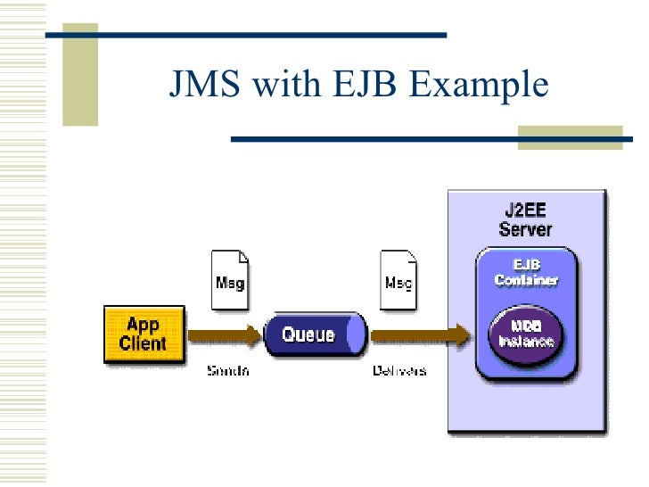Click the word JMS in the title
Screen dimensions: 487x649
pyautogui.click(x=203, y=86)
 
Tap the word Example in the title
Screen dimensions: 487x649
pyautogui.click(x=480, y=86)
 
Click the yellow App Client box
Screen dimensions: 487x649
pyautogui.click(x=144, y=334)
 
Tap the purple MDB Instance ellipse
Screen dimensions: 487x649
pyautogui.click(x=526, y=335)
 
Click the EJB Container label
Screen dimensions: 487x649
pyautogui.click(x=526, y=272)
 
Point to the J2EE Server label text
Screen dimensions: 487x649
pyautogui.click(x=525, y=219)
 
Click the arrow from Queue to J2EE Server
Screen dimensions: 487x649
pyautogui.click(x=419, y=336)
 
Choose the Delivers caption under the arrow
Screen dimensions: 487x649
pyautogui.click(x=398, y=370)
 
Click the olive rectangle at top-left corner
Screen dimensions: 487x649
pyautogui.click(x=79, y=62)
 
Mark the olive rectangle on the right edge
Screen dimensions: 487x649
pyautogui.click(x=571, y=136)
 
